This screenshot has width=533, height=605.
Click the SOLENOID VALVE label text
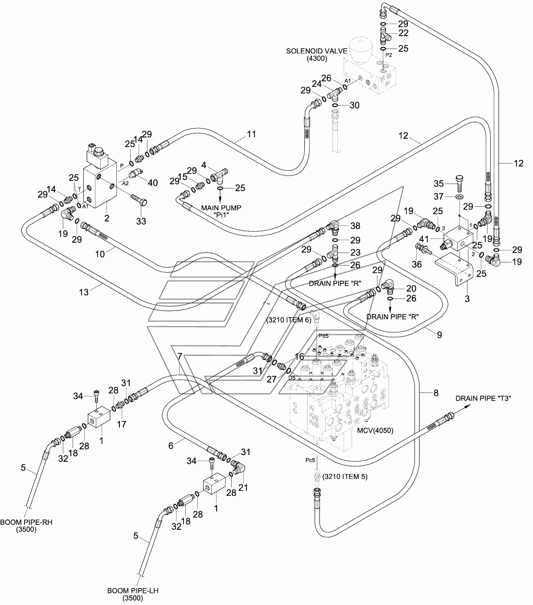pyautogui.click(x=317, y=51)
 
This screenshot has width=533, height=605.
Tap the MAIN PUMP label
pyautogui.click(x=221, y=208)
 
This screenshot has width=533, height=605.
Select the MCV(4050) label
pyautogui.click(x=375, y=430)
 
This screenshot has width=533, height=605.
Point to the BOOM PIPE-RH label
pyautogui.click(x=26, y=522)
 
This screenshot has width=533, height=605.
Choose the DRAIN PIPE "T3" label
pyautogui.click(x=483, y=398)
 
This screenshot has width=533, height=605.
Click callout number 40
pyautogui.click(x=153, y=183)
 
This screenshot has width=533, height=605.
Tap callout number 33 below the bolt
pyautogui.click(x=141, y=221)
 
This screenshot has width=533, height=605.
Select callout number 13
pyautogui.click(x=84, y=292)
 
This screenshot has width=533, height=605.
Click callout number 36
pyautogui.click(x=417, y=264)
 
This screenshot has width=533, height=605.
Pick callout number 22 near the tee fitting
pyautogui.click(x=403, y=33)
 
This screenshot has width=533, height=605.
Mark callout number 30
pyautogui.click(x=354, y=105)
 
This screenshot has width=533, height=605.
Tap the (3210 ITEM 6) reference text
pyautogui.click(x=289, y=320)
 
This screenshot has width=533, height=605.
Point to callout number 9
pyautogui.click(x=439, y=335)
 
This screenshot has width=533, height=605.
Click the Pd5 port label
pyautogui.click(x=324, y=335)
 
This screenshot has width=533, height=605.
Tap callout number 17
pyautogui.click(x=121, y=424)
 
